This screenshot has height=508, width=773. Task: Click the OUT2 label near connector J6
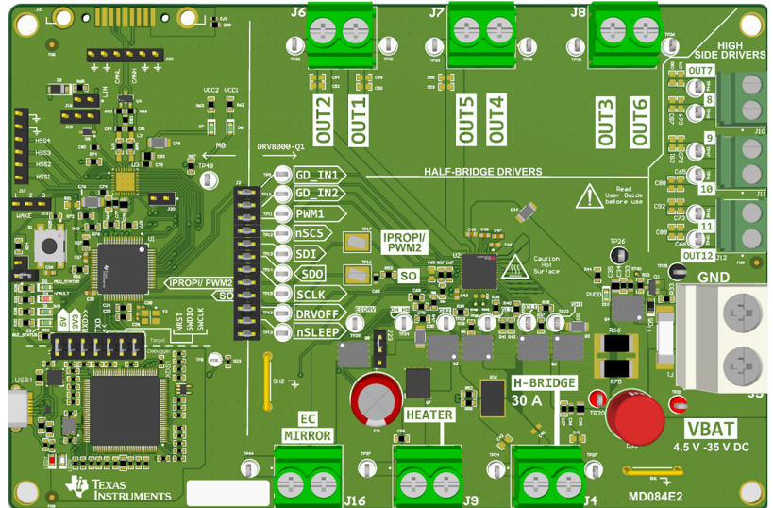(x=325, y=120)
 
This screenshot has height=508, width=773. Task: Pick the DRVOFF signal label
(x=314, y=313)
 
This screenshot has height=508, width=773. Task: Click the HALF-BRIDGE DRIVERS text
(x=481, y=172)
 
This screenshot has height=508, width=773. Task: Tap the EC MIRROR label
(x=308, y=427)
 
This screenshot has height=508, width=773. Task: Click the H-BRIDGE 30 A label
(x=543, y=392)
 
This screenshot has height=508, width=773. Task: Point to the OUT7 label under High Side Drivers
(x=700, y=71)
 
